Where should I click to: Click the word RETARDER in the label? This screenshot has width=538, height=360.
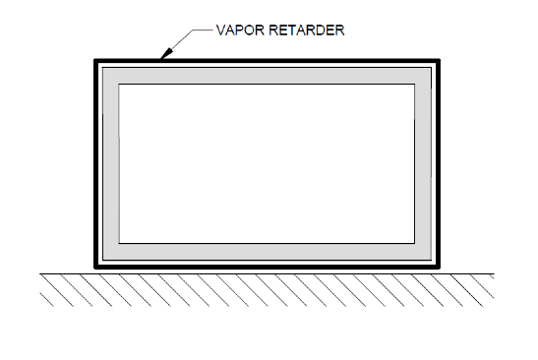308,30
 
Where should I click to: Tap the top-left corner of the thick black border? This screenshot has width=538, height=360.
96,62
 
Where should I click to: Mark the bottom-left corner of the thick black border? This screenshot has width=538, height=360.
96,266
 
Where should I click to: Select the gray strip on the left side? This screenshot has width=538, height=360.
109,164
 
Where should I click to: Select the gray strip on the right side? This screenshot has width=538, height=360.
425,164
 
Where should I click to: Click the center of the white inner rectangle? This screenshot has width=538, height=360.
267,164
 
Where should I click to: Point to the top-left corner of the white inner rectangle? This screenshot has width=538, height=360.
119,86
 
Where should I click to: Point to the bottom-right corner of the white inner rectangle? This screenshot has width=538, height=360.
414,242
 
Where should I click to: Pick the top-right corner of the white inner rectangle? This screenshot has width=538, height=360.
414,86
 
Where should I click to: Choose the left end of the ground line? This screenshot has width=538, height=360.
40,274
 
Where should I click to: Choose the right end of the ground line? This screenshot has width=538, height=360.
494,274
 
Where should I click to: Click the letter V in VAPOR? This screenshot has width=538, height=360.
220,30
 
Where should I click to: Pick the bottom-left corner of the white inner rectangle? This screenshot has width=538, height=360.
119,242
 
